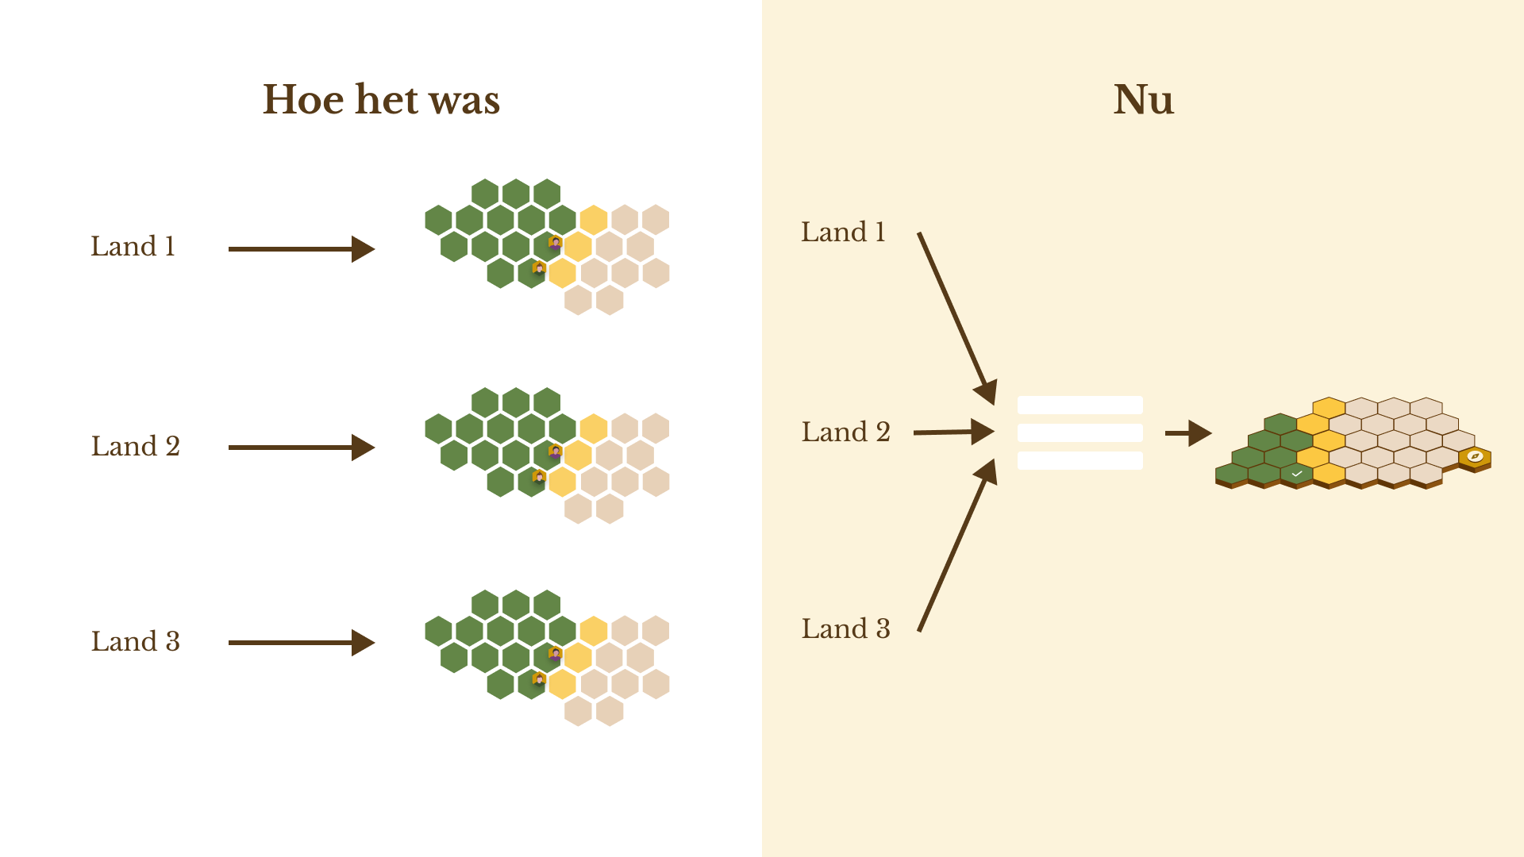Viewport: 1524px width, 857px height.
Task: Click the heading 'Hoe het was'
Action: pos(381,100)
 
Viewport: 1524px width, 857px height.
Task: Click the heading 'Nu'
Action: pos(1143,100)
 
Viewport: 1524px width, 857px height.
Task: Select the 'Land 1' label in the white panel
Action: pos(133,247)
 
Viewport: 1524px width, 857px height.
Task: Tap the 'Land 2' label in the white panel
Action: pos(135,447)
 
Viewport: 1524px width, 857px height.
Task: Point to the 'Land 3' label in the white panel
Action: pos(135,642)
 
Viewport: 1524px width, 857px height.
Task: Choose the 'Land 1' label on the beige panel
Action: pos(842,233)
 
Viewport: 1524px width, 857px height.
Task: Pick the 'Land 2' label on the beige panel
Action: pos(845,432)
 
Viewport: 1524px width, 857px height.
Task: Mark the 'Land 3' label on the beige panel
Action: pos(845,629)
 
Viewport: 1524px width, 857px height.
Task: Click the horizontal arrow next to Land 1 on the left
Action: pos(301,249)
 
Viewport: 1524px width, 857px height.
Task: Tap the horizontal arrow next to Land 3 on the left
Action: pos(301,643)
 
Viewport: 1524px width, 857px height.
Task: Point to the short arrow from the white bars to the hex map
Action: pos(1187,433)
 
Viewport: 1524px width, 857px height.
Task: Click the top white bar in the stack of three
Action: pos(1079,405)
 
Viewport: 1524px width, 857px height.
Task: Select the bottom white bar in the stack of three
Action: pos(1079,461)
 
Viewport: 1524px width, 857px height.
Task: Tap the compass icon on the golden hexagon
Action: pos(1475,456)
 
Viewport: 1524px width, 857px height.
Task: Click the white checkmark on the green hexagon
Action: pos(1296,474)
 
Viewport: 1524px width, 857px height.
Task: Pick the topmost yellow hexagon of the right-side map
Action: pos(1329,408)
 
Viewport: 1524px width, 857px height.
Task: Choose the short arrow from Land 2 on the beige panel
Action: pos(952,432)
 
